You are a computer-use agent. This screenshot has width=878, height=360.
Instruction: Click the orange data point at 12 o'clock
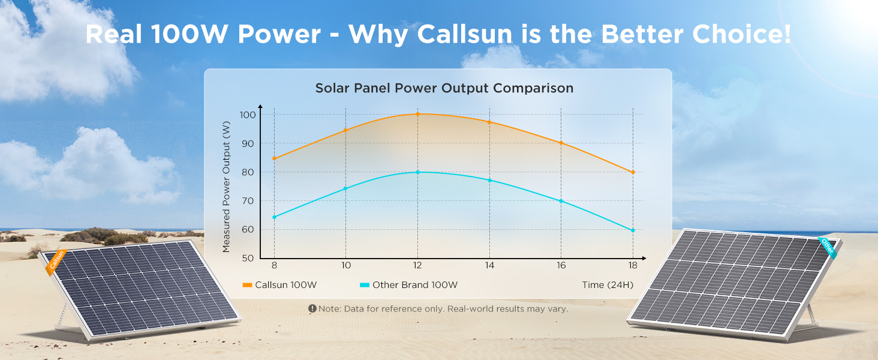(417, 114)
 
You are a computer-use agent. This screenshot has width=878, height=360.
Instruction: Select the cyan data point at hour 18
(632, 230)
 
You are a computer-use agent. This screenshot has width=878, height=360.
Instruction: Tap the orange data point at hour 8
(274, 158)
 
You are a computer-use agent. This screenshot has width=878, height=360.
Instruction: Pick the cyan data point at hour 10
(345, 188)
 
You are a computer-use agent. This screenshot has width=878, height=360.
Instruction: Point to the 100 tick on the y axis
(247, 115)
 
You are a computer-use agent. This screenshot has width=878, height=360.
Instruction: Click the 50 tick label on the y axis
(247, 258)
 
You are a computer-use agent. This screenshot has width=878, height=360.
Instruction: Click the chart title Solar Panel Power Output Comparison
(444, 88)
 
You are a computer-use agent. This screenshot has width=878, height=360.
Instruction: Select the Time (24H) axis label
(607, 285)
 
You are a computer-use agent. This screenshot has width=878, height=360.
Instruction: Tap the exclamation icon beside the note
(312, 308)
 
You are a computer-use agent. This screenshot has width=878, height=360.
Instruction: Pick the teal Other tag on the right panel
(827, 247)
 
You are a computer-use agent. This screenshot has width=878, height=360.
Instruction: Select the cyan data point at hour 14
(489, 181)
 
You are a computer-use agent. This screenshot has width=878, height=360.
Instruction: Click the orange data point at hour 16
(561, 143)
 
